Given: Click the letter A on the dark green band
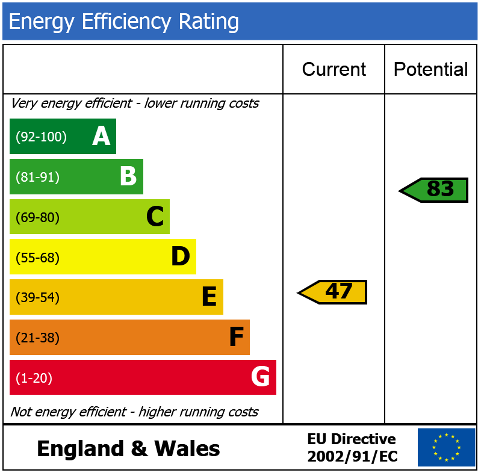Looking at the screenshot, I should [101, 137].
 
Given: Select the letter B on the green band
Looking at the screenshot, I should [128, 177].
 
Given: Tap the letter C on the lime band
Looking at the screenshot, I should [155, 217].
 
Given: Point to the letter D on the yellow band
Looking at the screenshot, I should [181, 257].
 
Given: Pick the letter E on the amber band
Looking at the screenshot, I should [208, 297].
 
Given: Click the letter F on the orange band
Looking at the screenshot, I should [236, 338].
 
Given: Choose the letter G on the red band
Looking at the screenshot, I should [260, 377].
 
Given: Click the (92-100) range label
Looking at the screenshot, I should [41, 137].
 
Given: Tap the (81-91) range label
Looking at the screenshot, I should [37, 178].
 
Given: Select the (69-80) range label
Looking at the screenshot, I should [37, 217].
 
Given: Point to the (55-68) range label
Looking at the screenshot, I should [37, 258].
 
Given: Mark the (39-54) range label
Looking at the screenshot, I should [37, 298].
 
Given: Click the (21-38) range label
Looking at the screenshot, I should [37, 338].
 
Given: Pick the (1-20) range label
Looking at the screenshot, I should [34, 379].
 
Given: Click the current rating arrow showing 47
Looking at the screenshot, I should [333, 292].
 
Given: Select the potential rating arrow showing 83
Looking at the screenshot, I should [435, 190].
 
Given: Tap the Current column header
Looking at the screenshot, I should [334, 70].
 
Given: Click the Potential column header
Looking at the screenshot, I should [430, 70].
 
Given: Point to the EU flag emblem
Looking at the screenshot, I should [446, 447].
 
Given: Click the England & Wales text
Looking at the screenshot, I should [128, 449].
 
